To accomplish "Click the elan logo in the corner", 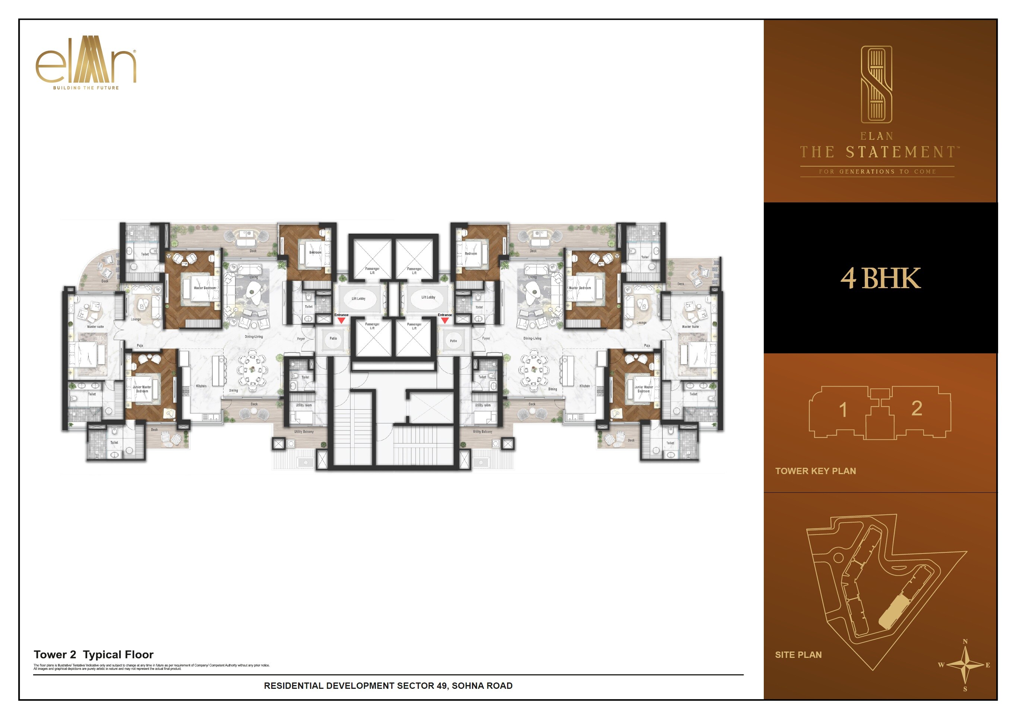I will coord(85,60).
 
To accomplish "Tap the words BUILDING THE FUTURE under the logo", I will coord(86,88).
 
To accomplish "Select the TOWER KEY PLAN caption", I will coord(815,471).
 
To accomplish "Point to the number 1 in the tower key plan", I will coord(843,410).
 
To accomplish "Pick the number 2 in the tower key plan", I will coord(917,408).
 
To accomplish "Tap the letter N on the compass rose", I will coord(965,641).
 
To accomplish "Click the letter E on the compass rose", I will coord(988,665).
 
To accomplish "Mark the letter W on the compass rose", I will coord(941,665).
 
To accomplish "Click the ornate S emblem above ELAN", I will coord(876,84).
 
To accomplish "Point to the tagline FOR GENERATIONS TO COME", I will coord(877,171).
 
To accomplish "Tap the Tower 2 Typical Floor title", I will coord(94,655).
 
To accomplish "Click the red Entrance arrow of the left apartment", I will coord(341,320).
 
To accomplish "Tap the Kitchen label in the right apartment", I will coord(584,386).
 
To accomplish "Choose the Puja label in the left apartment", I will coord(139,345).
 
